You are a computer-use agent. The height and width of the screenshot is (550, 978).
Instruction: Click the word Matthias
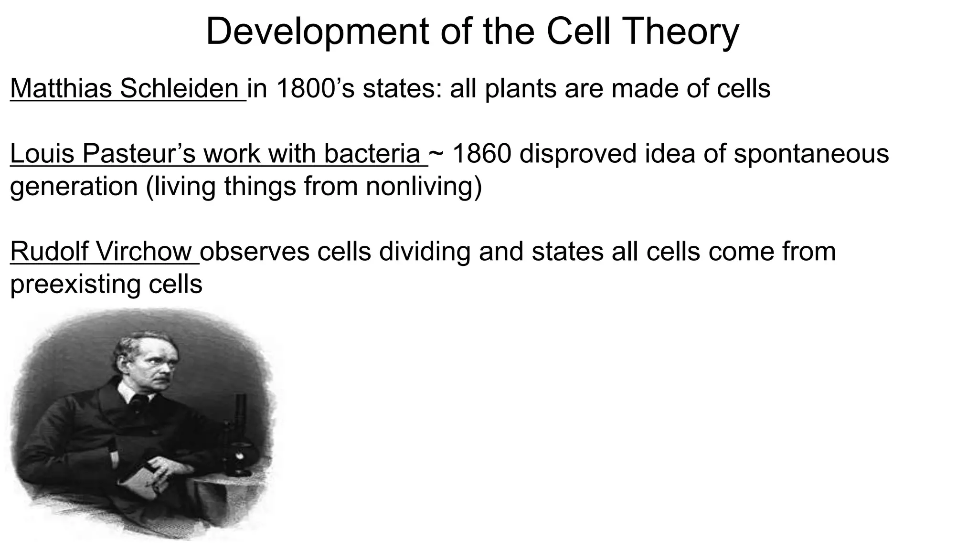point(61,89)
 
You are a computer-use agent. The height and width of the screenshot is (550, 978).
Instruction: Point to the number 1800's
point(315,89)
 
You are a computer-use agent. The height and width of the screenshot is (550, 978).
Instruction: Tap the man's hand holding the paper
point(162,470)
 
